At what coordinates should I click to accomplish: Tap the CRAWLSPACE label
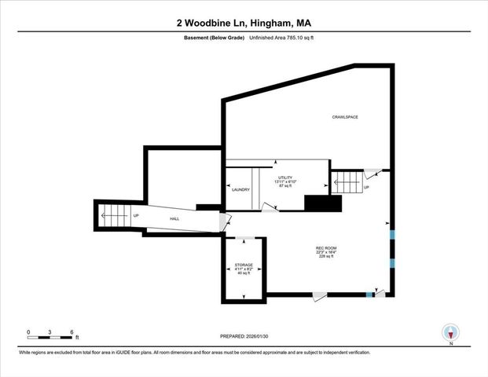344,117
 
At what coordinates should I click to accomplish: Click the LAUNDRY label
240,190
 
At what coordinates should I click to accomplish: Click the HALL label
174,218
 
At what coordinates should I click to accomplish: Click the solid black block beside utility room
323,203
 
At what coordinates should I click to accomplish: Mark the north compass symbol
450,333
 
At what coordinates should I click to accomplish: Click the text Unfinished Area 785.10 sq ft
281,37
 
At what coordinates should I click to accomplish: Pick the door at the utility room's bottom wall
270,208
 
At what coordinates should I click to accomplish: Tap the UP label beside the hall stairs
136,216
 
